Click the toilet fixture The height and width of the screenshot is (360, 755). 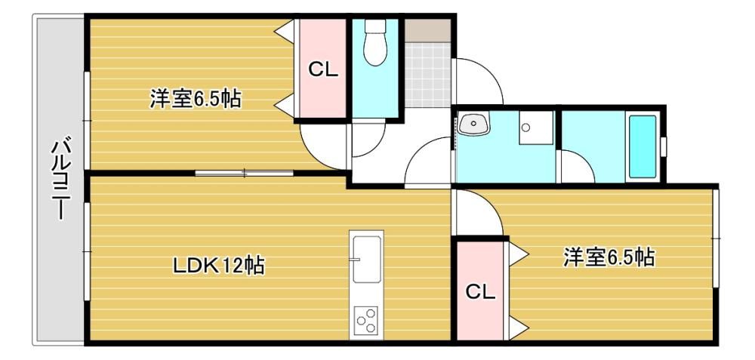pyautogui.click(x=376, y=42)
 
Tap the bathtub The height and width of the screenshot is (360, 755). pyautogui.click(x=643, y=146)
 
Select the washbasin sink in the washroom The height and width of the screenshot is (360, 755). pyautogui.click(x=473, y=125)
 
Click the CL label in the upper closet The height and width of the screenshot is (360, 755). pyautogui.click(x=323, y=70)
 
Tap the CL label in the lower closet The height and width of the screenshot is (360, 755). pyautogui.click(x=480, y=291)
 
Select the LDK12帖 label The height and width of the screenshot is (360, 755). pyautogui.click(x=219, y=265)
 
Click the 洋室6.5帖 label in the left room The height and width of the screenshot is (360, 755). pyautogui.click(x=195, y=99)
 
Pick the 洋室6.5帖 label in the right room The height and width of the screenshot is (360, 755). pyautogui.click(x=609, y=257)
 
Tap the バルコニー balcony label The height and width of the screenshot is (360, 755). pyautogui.click(x=60, y=180)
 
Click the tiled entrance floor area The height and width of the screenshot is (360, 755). pyautogui.click(x=427, y=75)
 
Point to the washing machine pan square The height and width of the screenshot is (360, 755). pyautogui.click(x=535, y=128)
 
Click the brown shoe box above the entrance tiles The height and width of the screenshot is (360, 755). pyautogui.click(x=427, y=30)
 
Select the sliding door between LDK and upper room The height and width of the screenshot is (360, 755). pyautogui.click(x=244, y=173)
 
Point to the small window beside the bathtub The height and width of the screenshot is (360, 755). pyautogui.click(x=664, y=146)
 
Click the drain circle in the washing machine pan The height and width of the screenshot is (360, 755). pyautogui.click(x=525, y=128)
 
